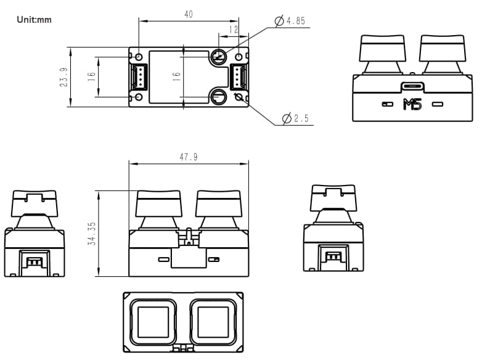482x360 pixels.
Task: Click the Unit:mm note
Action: click(35, 20)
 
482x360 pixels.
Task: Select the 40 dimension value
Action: click(189, 14)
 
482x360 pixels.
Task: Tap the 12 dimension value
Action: click(234, 29)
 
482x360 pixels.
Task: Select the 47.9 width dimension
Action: click(189, 157)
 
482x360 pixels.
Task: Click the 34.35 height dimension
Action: click(91, 234)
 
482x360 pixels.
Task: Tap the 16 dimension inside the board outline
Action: click(176, 77)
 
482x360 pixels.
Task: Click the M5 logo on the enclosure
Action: click(412, 104)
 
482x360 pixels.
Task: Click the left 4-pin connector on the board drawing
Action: click(137, 77)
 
